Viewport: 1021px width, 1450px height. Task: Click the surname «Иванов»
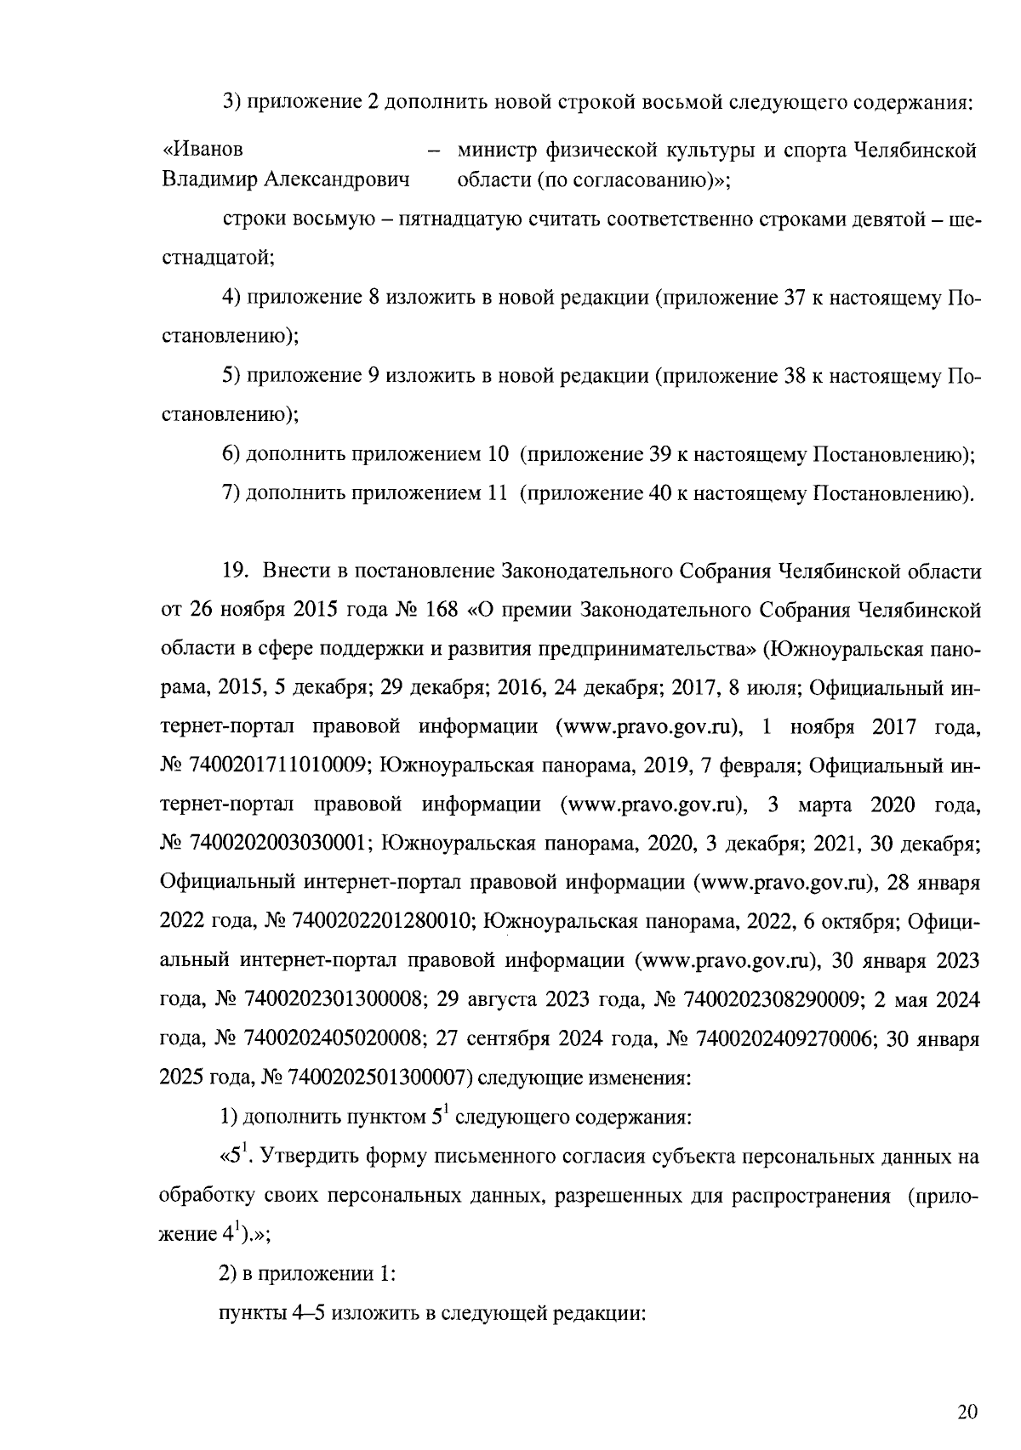click(202, 150)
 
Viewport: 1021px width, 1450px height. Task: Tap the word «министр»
click(498, 151)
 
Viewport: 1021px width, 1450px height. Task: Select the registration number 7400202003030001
click(282, 843)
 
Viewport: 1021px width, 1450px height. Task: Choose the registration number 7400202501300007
click(378, 1078)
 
